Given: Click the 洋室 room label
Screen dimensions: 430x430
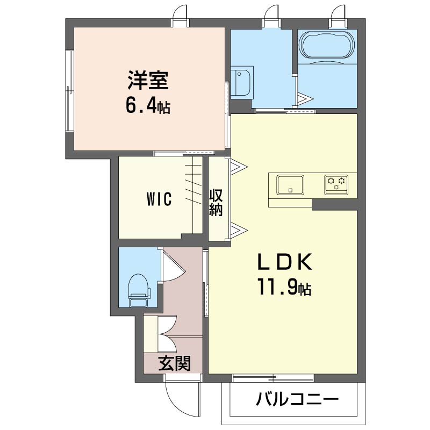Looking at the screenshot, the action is click(148, 80).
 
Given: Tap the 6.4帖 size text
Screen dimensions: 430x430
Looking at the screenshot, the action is click(148, 106).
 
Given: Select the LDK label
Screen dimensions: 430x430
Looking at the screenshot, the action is click(285, 262).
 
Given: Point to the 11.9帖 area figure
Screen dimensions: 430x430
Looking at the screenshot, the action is click(284, 287).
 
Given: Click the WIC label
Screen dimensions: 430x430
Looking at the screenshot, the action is click(159, 199).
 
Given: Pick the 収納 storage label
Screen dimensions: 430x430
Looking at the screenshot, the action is click(216, 203).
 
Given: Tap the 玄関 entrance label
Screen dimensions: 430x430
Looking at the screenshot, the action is click(174, 364).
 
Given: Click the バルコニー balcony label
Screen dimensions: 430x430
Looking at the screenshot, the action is click(297, 399).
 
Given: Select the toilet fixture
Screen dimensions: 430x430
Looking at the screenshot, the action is click(139, 290).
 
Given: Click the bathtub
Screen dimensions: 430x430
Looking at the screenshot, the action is click(327, 45).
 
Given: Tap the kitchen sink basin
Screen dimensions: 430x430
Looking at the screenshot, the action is click(290, 185).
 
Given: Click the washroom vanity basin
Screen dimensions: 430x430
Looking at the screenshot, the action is click(241, 82).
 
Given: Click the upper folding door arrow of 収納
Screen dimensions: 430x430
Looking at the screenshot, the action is click(239, 167).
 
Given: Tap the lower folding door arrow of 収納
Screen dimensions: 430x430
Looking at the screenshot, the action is click(239, 230).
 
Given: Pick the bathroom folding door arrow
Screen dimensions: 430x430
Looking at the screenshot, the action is click(305, 99).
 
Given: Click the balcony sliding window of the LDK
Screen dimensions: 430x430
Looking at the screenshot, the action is click(273, 378).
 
